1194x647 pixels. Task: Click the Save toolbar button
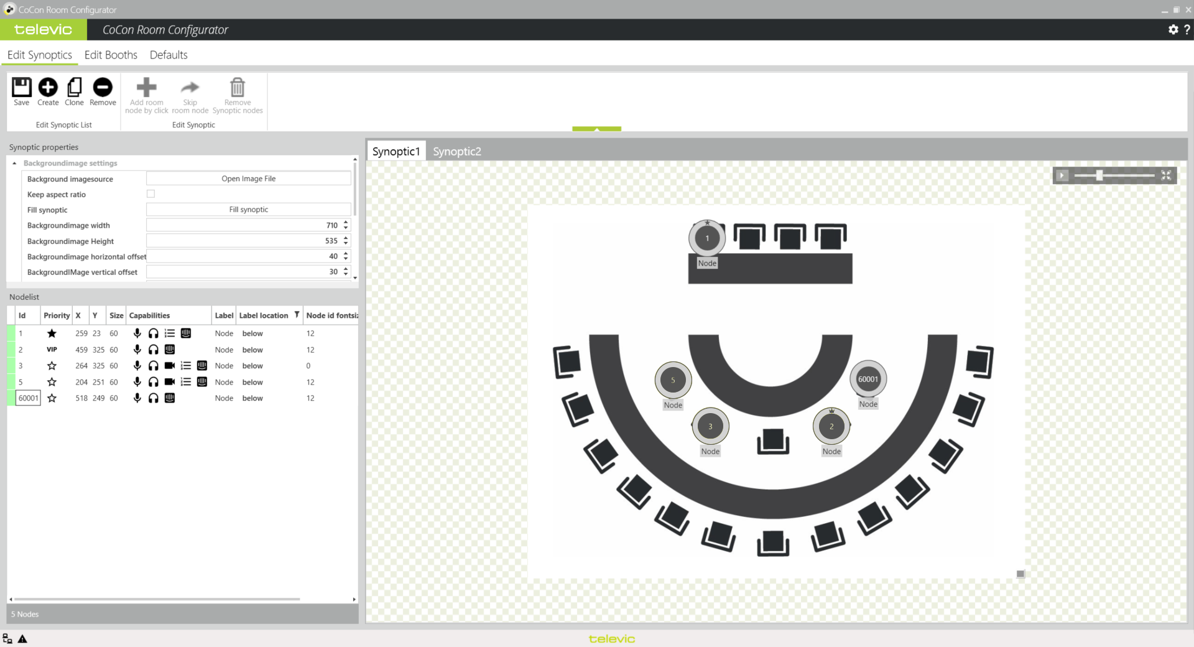pos(22,91)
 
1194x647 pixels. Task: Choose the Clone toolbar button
pos(74,91)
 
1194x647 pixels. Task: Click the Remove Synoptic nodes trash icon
pos(238,88)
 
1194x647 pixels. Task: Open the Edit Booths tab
pos(111,55)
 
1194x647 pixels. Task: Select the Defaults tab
pos(169,55)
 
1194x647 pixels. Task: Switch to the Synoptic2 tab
pos(457,151)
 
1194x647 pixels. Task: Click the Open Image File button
pos(249,179)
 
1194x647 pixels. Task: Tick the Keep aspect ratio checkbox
pos(150,194)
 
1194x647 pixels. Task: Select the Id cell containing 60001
pos(28,398)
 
